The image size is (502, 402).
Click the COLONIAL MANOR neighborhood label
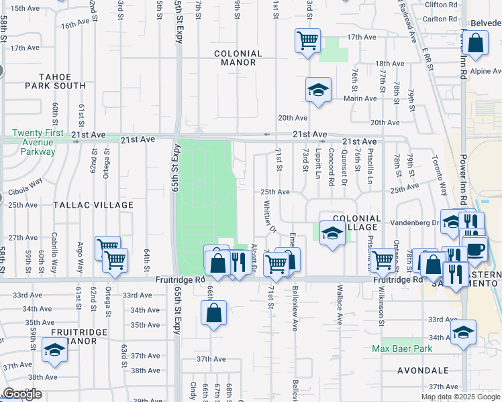(x=235, y=58)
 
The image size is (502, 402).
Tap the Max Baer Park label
(x=403, y=348)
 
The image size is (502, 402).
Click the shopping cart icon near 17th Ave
(x=307, y=41)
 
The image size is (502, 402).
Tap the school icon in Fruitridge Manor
(x=54, y=350)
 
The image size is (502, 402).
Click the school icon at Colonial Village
(x=331, y=233)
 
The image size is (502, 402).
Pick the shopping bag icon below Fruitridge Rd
(x=213, y=313)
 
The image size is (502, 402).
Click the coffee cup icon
(x=475, y=250)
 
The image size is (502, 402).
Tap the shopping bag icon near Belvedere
(x=475, y=44)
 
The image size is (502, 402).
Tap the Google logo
(x=22, y=394)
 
